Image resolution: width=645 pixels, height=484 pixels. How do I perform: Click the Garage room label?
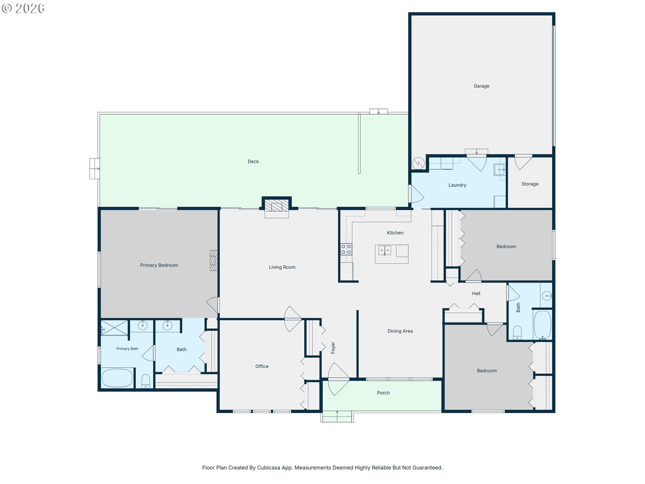(481, 86)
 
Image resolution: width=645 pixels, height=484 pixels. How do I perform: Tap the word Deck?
(253, 162)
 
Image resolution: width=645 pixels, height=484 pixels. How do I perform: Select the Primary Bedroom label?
(159, 265)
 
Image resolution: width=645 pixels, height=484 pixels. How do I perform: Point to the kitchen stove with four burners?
(346, 249)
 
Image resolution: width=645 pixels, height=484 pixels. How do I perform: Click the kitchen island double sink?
(385, 250)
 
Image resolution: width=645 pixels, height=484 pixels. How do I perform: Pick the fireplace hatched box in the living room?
(276, 205)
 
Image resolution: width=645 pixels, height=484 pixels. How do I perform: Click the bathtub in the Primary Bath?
(117, 378)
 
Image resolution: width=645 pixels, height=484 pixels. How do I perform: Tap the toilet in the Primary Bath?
(145, 381)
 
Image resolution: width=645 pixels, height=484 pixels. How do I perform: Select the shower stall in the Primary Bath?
(115, 328)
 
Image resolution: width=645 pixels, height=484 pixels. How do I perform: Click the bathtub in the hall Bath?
(542, 325)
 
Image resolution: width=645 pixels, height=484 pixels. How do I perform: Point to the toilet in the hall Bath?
(517, 333)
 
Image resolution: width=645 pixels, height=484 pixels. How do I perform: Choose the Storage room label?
(530, 184)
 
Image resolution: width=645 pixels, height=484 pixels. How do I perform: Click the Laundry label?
(457, 185)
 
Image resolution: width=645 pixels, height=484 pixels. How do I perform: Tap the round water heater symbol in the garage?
(418, 164)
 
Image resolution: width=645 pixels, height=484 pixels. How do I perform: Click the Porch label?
(383, 393)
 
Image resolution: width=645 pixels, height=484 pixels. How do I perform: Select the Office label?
(262, 366)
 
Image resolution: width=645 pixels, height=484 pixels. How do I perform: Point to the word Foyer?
(333, 348)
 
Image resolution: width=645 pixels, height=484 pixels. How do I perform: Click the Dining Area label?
(400, 331)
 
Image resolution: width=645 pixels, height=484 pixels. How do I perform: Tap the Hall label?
(476, 293)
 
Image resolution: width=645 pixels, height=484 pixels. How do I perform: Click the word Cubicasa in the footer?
(268, 468)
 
